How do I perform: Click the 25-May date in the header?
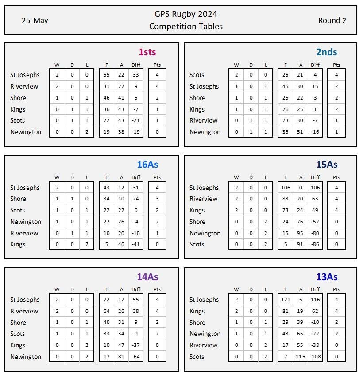coord(35,21)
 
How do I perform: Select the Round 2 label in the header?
coord(332,21)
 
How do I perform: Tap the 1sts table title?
coord(147,52)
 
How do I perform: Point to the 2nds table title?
coord(327,52)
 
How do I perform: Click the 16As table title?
coord(147,165)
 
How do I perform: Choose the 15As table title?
coord(327,165)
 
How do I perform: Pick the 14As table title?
coord(147,277)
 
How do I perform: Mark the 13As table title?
coord(327,277)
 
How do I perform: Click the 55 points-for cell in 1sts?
coord(106,75)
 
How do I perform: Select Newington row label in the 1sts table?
coord(26,132)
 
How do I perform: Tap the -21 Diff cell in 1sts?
coord(135,120)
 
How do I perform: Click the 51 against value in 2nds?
coord(301,132)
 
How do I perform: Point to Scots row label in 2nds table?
coord(197,75)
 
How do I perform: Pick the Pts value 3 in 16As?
coord(157,199)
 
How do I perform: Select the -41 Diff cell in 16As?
coord(135,244)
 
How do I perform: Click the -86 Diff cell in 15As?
coord(315,244)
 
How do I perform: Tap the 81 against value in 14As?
coord(121,357)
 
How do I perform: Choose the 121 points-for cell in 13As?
coord(286,300)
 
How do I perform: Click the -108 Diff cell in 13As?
coord(315,357)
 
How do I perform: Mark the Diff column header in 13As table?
coord(315,289)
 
